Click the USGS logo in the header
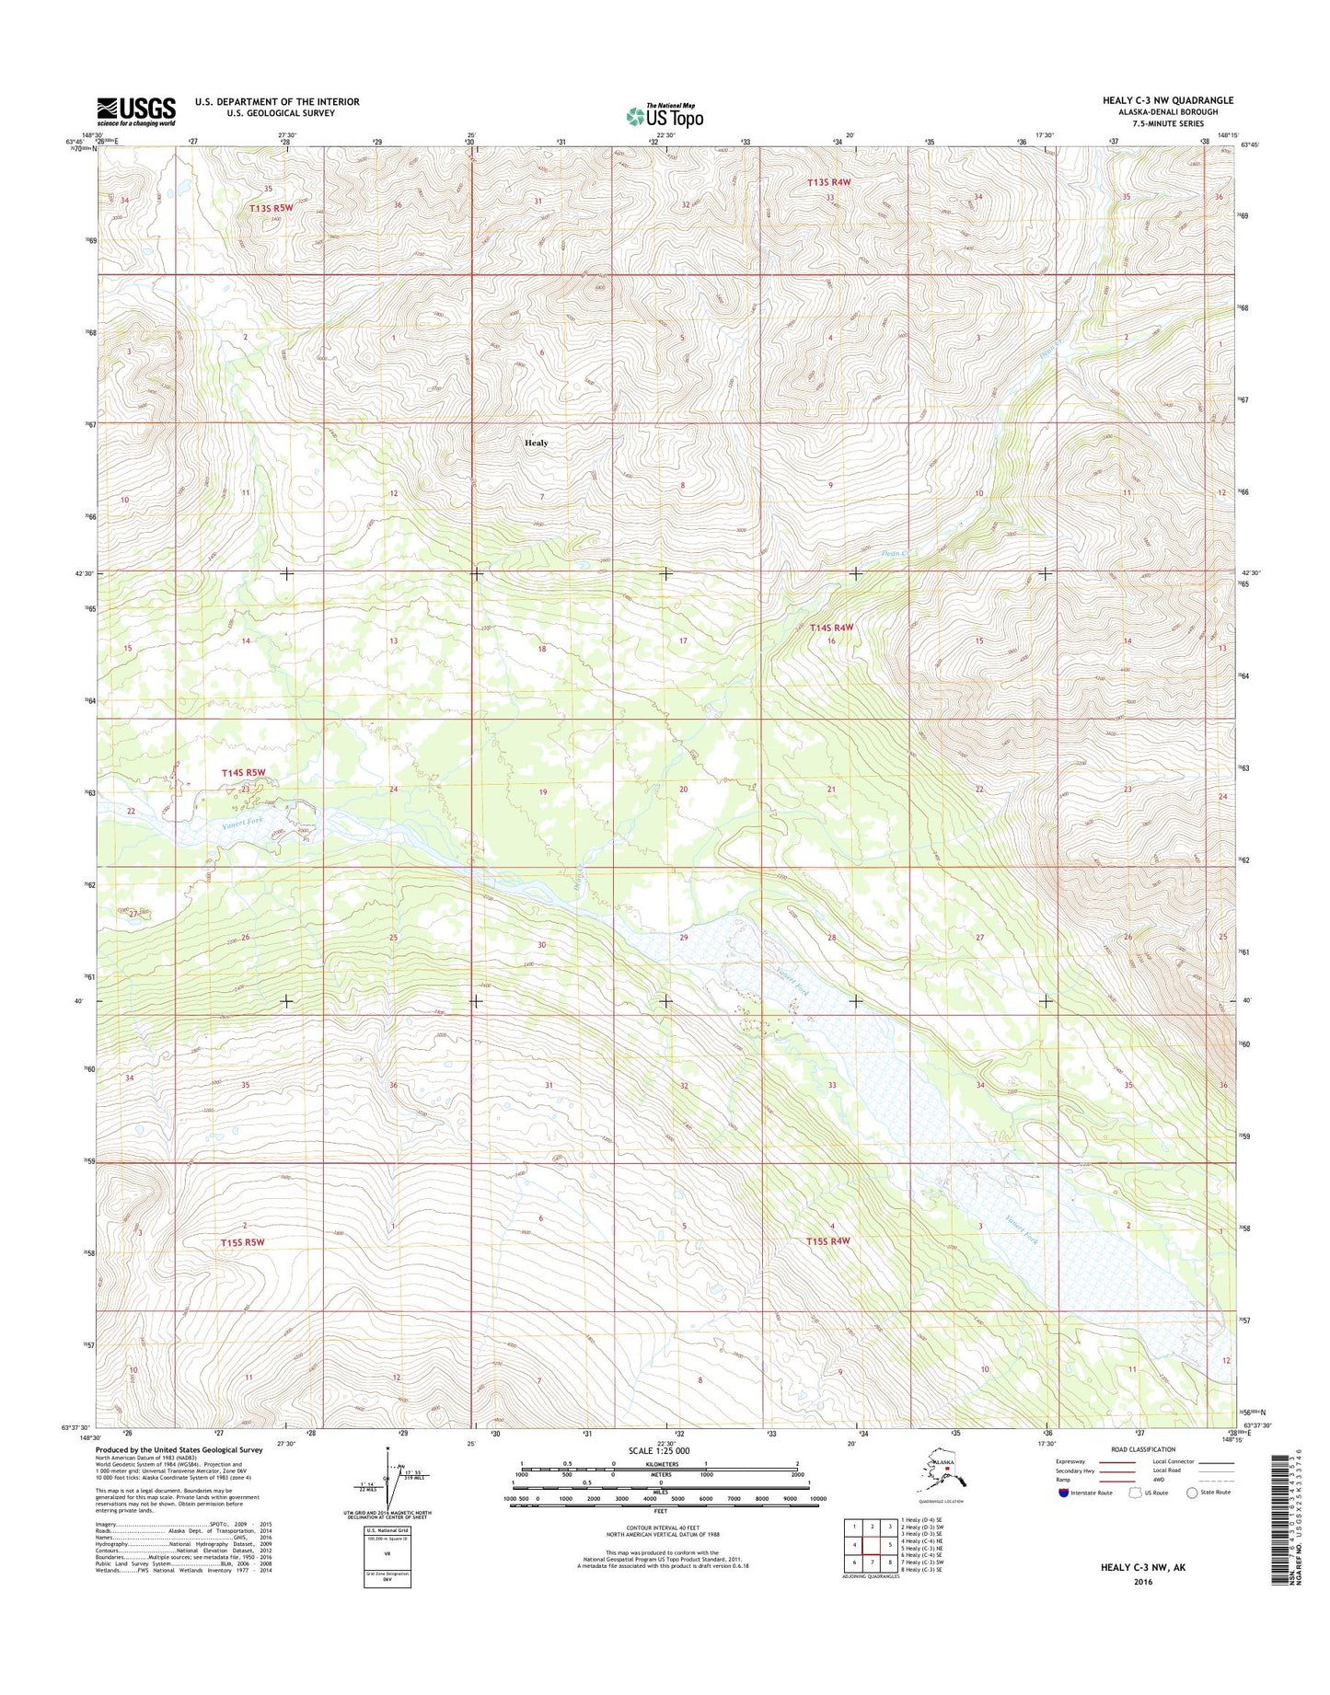[x=136, y=111]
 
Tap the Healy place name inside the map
[x=536, y=443]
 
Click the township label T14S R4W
[x=831, y=628]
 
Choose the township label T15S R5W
[x=242, y=1242]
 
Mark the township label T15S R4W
[x=827, y=1240]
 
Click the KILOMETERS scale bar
[x=659, y=1489]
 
